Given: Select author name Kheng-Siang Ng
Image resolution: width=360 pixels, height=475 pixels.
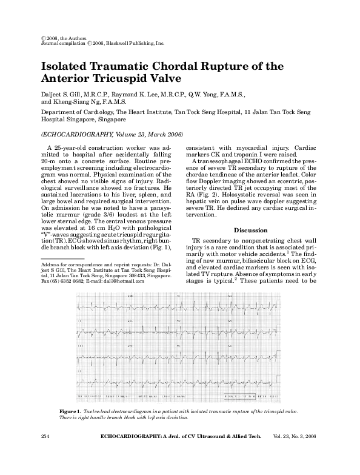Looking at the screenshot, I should [86, 103].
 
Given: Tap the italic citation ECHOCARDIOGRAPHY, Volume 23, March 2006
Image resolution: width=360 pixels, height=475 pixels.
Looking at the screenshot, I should [112, 134].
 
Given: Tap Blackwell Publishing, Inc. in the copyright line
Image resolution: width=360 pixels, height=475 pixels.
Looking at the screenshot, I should [133, 44].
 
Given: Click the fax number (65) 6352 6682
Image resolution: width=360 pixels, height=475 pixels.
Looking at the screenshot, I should [61, 281].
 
